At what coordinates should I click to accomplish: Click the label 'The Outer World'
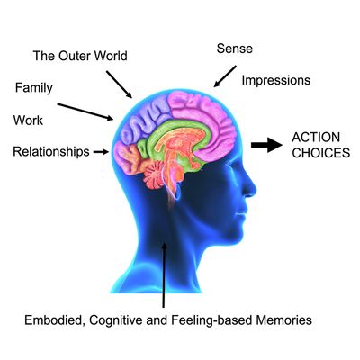80,56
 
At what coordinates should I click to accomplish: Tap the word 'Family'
34,88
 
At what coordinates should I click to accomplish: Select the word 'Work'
28,121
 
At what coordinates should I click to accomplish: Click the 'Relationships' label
51,152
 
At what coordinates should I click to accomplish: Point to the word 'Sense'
235,49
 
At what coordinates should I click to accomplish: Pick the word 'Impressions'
276,80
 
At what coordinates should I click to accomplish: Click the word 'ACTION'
316,138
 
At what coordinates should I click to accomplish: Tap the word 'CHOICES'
321,153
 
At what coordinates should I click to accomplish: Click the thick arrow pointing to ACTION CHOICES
266,145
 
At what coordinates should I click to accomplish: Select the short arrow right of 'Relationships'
101,152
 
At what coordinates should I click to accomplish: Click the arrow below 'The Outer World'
119,85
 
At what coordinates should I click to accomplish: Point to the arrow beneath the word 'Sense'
225,76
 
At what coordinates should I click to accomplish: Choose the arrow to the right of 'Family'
85,112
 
